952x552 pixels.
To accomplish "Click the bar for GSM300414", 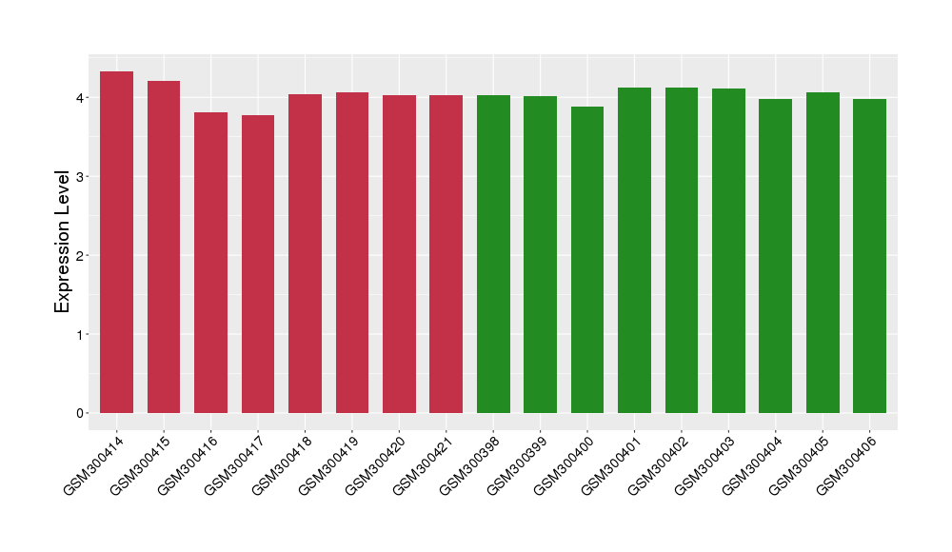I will (x=116, y=242).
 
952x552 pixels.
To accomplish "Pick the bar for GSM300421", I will (x=446, y=254).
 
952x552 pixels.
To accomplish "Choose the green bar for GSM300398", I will (x=493, y=254).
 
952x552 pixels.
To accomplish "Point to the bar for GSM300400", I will (x=587, y=260).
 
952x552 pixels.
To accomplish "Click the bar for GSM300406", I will (x=869, y=256).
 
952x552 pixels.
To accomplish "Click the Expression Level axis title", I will (x=63, y=242).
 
